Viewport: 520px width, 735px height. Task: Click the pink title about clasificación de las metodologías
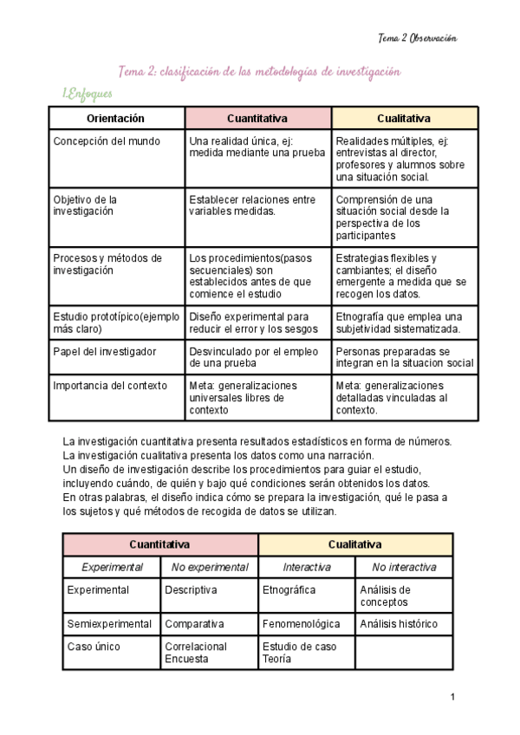click(259, 72)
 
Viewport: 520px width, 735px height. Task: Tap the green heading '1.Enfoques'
click(87, 94)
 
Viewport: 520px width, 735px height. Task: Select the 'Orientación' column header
click(116, 118)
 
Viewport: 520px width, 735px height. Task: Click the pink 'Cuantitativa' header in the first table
click(257, 118)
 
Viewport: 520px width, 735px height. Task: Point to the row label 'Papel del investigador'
click(105, 351)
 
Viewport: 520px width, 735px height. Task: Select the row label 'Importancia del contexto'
click(110, 386)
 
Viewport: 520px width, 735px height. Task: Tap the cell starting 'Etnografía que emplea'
click(400, 322)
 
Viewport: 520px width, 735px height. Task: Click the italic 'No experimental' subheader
click(210, 568)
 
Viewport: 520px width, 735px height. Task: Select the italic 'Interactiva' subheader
click(307, 568)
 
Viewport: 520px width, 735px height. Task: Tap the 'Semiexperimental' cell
click(110, 624)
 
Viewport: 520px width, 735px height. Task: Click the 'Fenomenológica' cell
click(302, 624)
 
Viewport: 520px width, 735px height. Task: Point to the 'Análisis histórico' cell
click(399, 624)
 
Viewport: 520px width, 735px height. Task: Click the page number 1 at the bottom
click(452, 696)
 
